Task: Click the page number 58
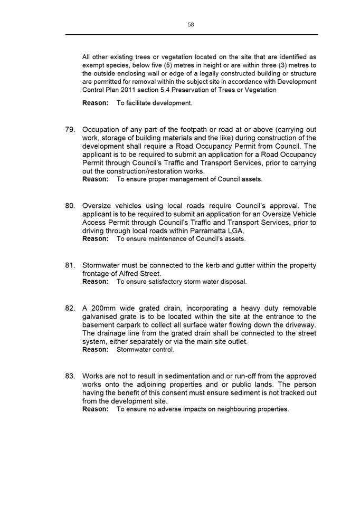(191, 24)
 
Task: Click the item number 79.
(71, 130)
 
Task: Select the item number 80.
(71, 206)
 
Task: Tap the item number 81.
(71, 265)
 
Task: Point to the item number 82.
(71, 308)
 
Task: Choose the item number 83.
(71, 376)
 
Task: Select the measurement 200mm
(106, 308)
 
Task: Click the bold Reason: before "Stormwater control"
(96, 350)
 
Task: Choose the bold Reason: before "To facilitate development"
(96, 103)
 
